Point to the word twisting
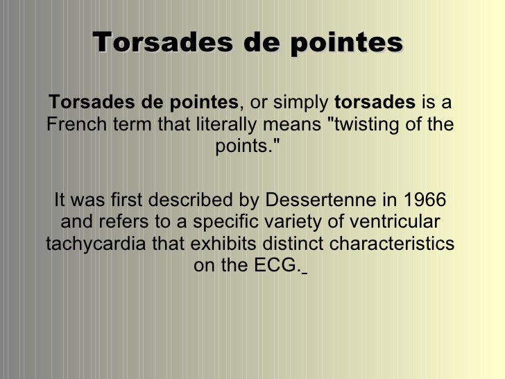365,126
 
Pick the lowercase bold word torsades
375,103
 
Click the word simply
300,103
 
